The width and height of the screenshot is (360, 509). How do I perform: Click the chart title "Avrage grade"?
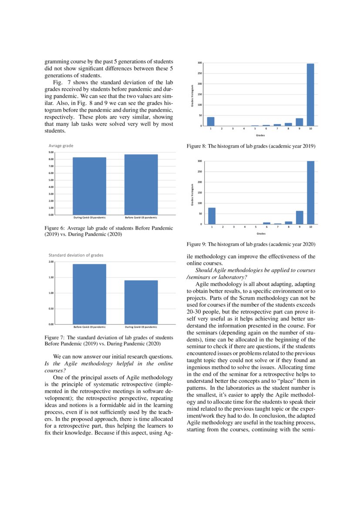tap(61, 146)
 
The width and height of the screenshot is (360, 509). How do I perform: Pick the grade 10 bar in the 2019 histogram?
tap(310, 94)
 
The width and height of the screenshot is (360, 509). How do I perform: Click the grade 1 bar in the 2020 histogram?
tap(212, 216)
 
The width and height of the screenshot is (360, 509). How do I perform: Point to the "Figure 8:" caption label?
tap(196, 146)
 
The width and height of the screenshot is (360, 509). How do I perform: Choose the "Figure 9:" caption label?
tap(196, 244)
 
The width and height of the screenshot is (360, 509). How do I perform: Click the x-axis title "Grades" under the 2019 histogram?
tap(260, 135)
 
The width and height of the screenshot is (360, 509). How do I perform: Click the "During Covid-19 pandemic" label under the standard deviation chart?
tap(141, 327)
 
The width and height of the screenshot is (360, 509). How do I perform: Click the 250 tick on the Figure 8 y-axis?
tap(199, 73)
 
